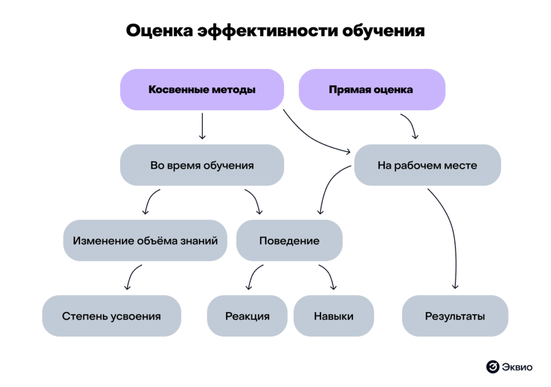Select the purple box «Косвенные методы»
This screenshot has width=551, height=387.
coord(202,89)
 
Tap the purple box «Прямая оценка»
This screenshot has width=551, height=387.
coord(371,89)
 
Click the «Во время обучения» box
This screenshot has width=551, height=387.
coord(202,165)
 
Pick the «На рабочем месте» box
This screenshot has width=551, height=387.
coord(427,165)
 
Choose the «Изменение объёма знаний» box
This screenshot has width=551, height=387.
coord(145,240)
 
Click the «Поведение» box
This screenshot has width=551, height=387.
coord(289,240)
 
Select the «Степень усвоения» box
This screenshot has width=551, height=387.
coord(111,316)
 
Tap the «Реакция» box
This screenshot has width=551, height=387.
coord(248,316)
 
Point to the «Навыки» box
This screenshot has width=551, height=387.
coord(334,316)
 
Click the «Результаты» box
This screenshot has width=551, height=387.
coord(455,316)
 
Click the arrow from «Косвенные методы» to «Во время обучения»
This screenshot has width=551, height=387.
coord(202,126)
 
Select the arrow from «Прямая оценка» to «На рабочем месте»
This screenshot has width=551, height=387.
coord(411,127)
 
